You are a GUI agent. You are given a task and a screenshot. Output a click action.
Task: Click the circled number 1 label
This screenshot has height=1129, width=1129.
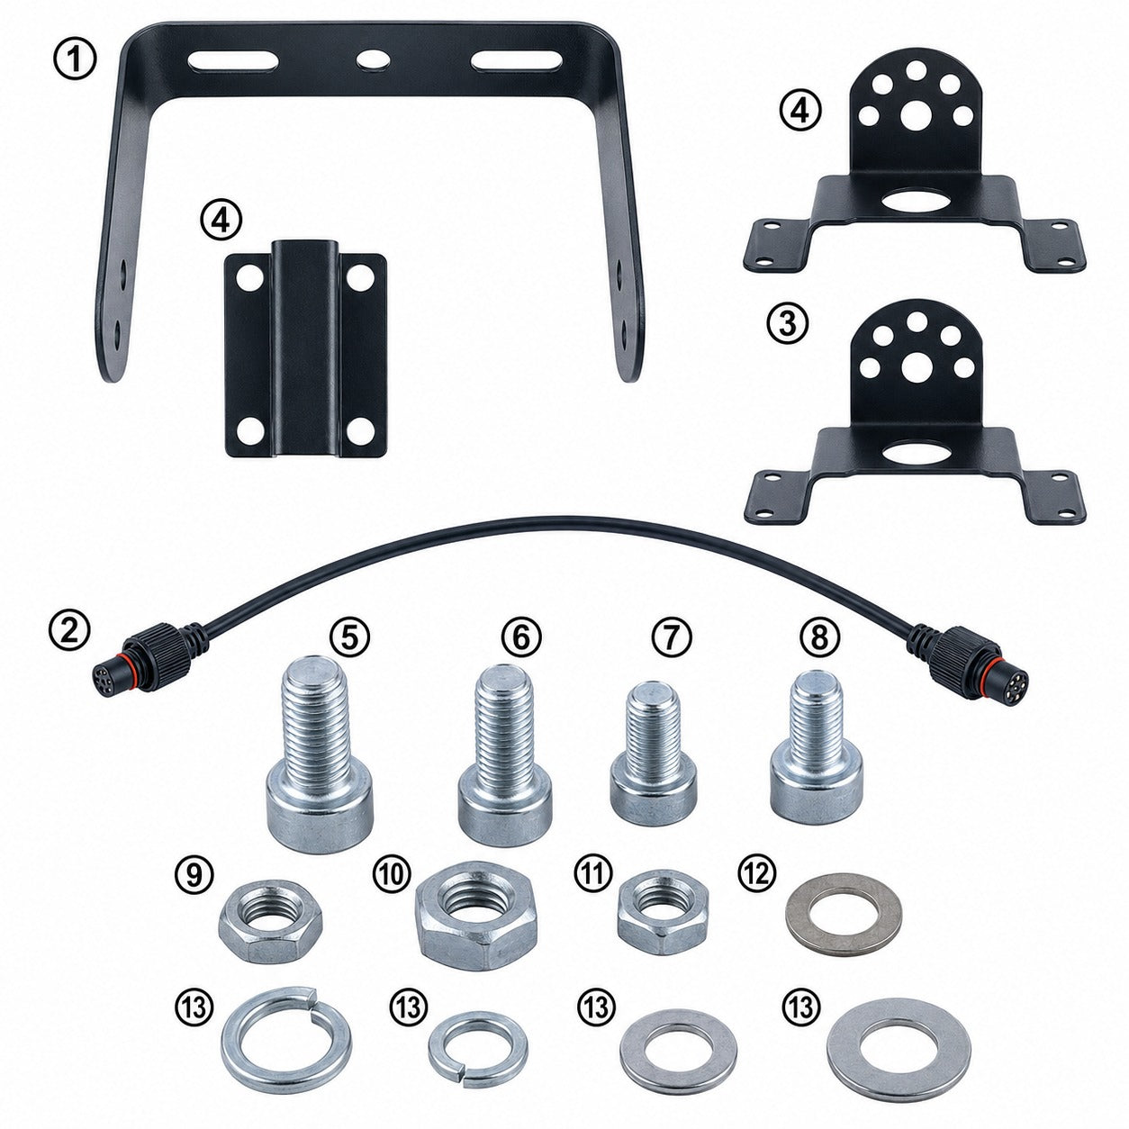click(75, 60)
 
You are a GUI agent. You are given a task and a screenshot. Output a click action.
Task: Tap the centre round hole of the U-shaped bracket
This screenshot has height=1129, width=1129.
click(375, 59)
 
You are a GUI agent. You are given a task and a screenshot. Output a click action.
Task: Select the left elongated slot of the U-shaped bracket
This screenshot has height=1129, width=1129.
click(233, 62)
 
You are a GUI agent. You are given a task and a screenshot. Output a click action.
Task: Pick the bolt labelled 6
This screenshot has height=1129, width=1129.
click(504, 754)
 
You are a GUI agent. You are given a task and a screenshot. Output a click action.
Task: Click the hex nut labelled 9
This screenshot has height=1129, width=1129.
click(270, 920)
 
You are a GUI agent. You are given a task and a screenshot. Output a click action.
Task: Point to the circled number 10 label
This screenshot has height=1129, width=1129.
click(392, 875)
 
